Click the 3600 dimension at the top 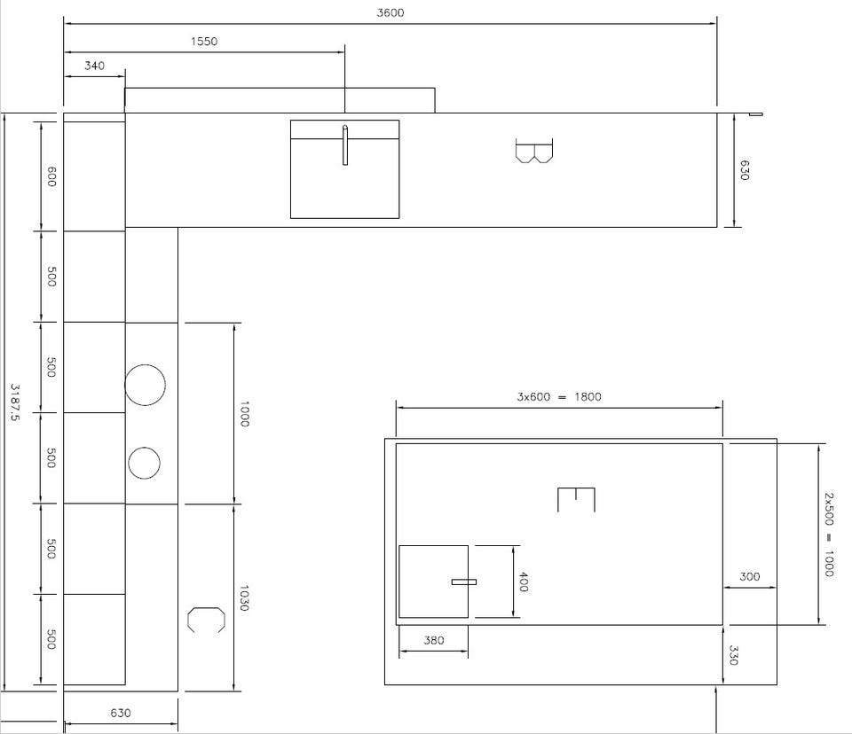point(390,12)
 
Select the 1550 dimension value point(204,42)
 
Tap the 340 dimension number point(94,66)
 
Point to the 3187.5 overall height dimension point(15,402)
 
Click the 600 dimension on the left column point(51,177)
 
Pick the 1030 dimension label point(243,598)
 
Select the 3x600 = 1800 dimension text point(558,397)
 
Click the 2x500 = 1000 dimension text point(828,535)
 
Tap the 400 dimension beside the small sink point(524,582)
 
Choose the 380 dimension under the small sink point(434,641)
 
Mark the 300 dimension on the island point(749,576)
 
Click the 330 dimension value point(733,655)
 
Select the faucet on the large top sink point(345,145)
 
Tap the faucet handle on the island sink point(464,582)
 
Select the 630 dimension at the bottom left point(120,713)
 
